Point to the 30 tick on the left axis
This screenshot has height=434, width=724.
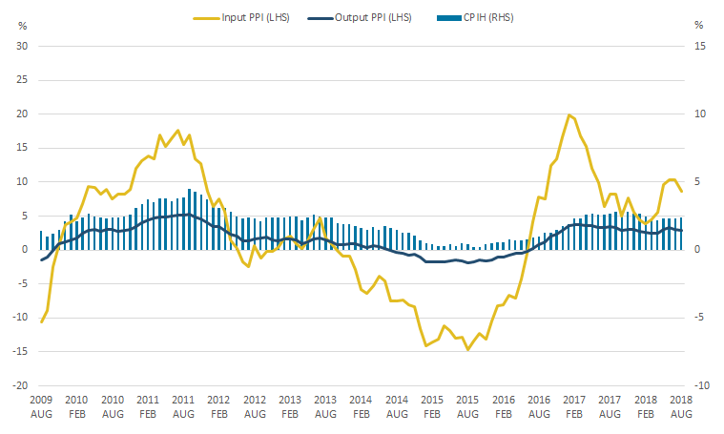(25, 46)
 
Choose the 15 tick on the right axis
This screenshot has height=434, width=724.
(700, 46)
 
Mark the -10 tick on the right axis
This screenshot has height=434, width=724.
(699, 385)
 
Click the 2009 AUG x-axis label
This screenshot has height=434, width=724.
(41, 406)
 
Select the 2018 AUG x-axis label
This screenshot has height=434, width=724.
(681, 406)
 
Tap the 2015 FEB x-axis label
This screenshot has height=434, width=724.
(432, 406)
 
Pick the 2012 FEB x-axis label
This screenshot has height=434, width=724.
(218, 406)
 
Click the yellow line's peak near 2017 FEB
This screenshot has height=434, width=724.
(569, 115)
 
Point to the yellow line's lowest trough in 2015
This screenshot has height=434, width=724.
(467, 349)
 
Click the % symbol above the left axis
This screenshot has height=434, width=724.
(23, 24)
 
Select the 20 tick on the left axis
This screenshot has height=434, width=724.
(25, 114)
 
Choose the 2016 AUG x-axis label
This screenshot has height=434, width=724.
(539, 406)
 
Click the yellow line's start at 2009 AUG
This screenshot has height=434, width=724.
(41, 321)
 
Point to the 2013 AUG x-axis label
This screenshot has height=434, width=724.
(325, 406)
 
